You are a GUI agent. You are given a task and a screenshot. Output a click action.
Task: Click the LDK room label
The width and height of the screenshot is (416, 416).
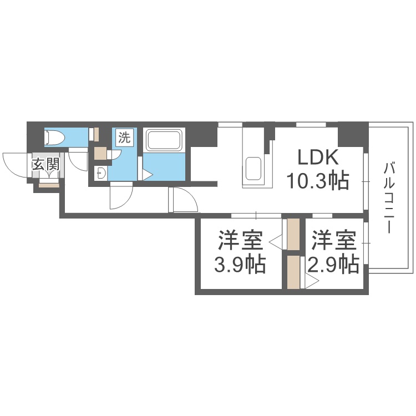point(318,158)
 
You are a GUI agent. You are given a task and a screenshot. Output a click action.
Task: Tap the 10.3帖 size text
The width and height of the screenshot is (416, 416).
point(318,181)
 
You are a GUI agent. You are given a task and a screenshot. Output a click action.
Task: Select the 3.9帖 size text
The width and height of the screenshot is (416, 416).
point(240,264)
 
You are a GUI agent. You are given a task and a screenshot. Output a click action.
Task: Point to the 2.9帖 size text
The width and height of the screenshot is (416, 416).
point(333,264)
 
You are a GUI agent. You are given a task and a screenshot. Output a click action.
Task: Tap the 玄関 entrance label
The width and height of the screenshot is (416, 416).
point(45,165)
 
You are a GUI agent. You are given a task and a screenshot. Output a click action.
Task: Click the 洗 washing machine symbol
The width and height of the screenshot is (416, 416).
point(124,138)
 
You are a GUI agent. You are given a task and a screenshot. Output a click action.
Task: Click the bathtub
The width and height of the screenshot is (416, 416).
point(165,140)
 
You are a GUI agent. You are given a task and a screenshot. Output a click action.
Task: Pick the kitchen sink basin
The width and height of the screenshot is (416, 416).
point(253,169)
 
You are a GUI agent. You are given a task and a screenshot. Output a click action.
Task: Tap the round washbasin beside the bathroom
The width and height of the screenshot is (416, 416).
point(101,173)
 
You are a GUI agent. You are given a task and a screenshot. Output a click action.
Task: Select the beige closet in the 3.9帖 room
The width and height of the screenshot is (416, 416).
point(293,234)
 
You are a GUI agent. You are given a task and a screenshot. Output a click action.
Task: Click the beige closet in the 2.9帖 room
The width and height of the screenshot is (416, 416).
point(293,272)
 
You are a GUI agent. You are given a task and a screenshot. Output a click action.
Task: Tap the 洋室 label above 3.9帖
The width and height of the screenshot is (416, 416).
point(240,240)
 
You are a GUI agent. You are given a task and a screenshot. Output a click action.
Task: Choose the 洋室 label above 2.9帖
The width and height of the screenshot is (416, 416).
point(333,240)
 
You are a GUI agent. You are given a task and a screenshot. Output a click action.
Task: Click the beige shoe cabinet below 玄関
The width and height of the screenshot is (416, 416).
point(49,185)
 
